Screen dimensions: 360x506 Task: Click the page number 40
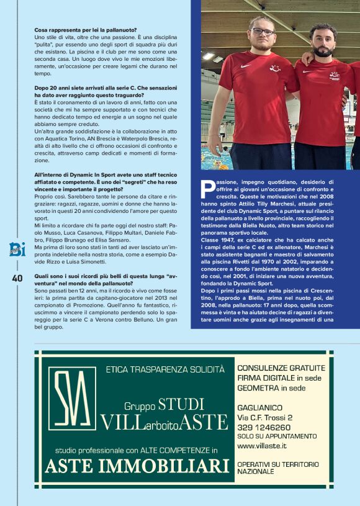pos(17,278)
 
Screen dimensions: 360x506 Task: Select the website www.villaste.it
pos(261,445)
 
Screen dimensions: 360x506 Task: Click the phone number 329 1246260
pos(264,427)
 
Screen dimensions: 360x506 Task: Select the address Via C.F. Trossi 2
pos(265,418)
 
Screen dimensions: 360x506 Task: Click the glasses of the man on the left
pos(262,30)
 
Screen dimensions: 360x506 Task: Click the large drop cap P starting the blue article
pos(209,185)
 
